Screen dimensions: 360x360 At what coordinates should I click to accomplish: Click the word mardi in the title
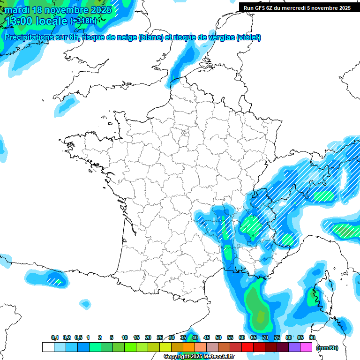(x=16, y=10)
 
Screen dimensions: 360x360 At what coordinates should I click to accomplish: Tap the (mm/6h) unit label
(x=327, y=348)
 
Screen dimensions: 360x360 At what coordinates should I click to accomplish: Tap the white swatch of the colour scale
(x=48, y=347)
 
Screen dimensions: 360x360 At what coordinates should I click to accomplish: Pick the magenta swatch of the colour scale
(x=306, y=347)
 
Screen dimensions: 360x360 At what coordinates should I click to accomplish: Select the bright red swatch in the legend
(x=247, y=347)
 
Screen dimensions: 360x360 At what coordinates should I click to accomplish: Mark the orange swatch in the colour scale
(x=189, y=347)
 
